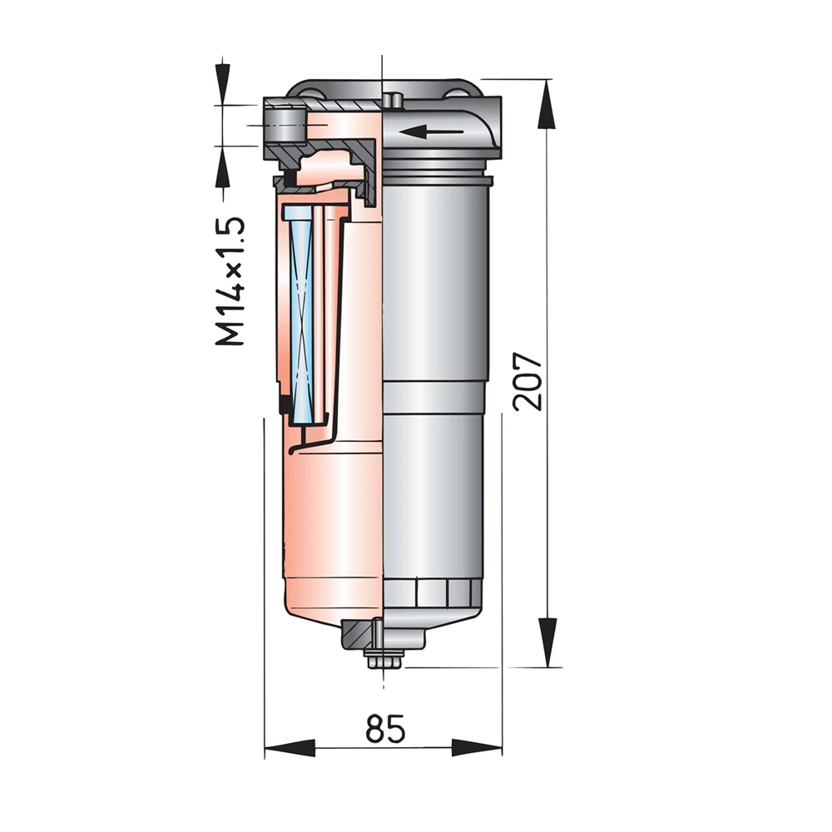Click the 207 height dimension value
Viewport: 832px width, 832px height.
click(529, 381)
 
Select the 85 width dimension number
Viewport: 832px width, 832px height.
click(385, 730)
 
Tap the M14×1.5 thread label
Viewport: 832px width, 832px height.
click(230, 281)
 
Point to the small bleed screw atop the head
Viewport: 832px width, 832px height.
click(395, 101)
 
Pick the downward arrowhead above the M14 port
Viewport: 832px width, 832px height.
click(223, 84)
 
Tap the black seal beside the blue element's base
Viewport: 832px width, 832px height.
click(285, 405)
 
